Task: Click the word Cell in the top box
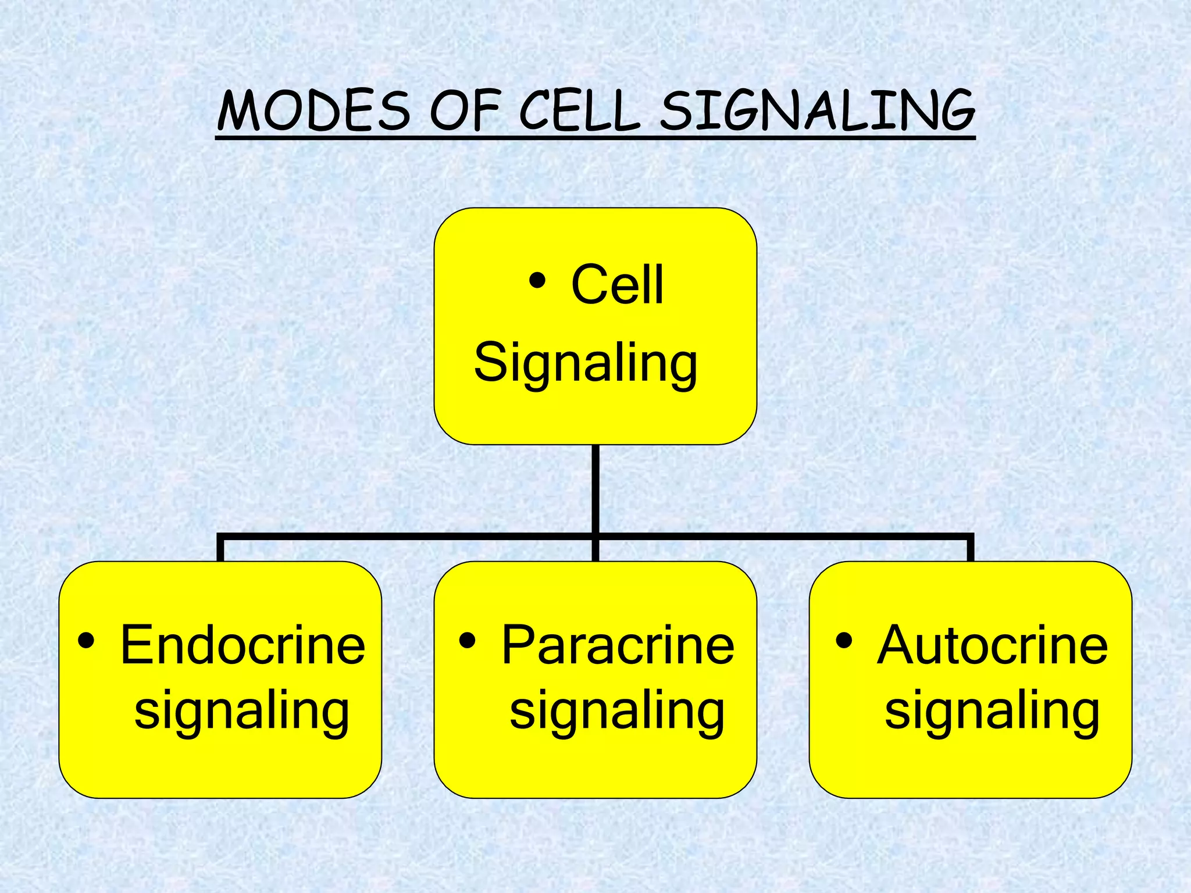pos(617,285)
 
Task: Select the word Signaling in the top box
pos(586,363)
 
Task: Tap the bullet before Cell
pos(537,281)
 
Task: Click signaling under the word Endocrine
pos(242,712)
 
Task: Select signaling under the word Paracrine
pos(617,712)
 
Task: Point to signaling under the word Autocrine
pos(992,712)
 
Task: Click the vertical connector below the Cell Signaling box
pos(595,488)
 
